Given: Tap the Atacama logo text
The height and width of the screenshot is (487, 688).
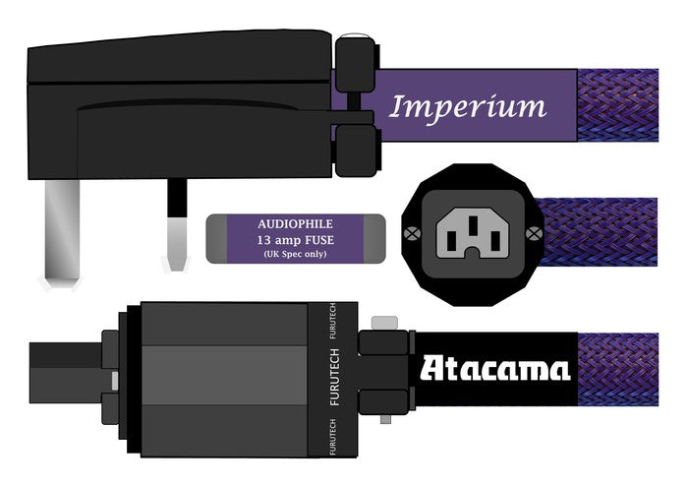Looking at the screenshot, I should click(x=495, y=369).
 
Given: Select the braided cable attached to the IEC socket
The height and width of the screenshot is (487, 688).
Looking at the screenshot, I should click(x=600, y=233).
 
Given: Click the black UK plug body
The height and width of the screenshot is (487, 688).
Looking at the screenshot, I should click(x=177, y=89).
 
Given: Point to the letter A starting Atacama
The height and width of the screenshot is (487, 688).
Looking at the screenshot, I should click(x=432, y=369).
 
